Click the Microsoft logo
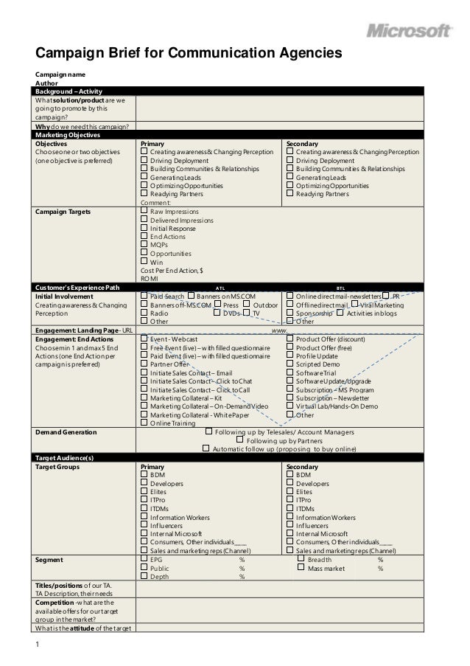(x=410, y=31)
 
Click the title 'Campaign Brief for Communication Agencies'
(x=190, y=54)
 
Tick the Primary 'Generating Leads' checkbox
(x=144, y=178)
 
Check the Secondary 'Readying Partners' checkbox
(x=290, y=195)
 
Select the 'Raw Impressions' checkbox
(x=144, y=212)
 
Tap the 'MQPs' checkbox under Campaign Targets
(x=144, y=245)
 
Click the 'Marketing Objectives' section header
(x=67, y=134)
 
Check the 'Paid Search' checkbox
(x=144, y=296)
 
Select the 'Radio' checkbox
(x=144, y=313)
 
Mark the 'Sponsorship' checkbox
(x=290, y=313)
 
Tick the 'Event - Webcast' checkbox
(x=144, y=339)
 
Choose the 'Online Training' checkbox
(x=144, y=423)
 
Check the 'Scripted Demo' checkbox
(x=290, y=364)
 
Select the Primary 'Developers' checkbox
(x=144, y=484)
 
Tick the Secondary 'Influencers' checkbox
(x=290, y=526)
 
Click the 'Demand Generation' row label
(x=66, y=432)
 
